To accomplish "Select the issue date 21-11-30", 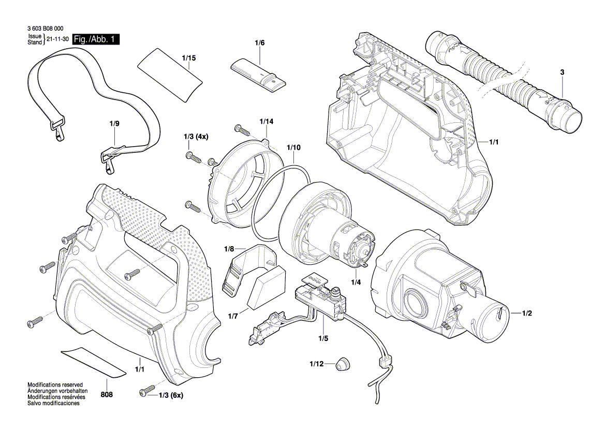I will (57, 40).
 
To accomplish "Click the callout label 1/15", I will (189, 58).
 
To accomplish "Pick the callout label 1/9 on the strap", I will (114, 124).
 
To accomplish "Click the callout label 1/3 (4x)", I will (196, 137).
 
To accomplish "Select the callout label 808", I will (107, 394).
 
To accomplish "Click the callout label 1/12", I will (317, 364).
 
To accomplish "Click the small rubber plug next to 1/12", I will (341, 363).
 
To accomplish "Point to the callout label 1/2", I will (527, 313).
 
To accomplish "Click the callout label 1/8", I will (229, 249).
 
